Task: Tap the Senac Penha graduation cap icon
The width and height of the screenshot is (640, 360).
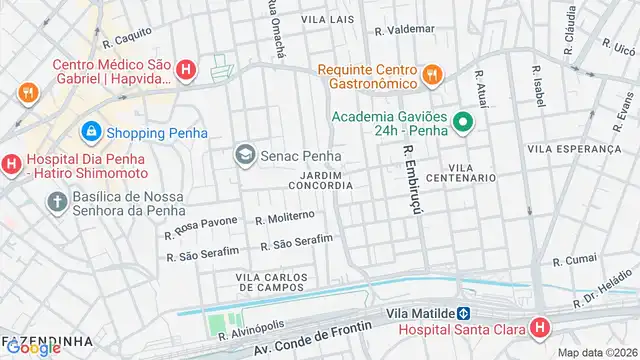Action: [x=244, y=155]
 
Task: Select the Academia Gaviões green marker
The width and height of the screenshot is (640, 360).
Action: [x=462, y=123]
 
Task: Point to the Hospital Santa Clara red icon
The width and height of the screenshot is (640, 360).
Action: [x=540, y=328]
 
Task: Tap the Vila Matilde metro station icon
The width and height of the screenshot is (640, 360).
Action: [x=464, y=312]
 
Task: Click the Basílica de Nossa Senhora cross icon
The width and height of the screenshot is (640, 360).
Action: [x=56, y=201]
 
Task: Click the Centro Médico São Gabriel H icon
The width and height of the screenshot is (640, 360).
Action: [x=185, y=69]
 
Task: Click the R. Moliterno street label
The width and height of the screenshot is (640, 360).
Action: [x=285, y=217]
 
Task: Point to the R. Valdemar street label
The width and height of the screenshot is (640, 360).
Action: [x=404, y=30]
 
